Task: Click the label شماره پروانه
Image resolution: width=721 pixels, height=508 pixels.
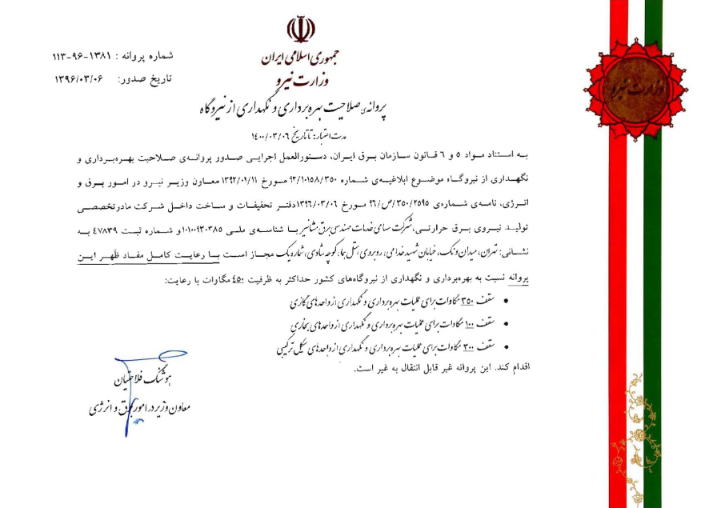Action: coord(144,58)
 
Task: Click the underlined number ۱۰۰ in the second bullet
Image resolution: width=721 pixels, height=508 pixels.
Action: coord(467,324)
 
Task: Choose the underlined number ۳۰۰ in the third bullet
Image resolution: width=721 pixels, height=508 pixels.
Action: coord(468,345)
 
